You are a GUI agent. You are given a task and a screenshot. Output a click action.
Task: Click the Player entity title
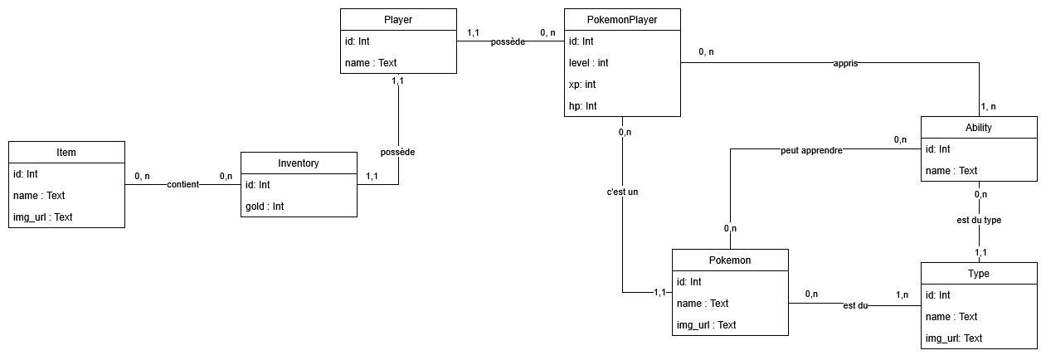tap(398, 19)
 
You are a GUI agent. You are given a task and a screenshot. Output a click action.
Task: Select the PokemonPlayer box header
tap(622, 19)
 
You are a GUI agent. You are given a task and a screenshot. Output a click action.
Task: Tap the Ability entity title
tap(979, 127)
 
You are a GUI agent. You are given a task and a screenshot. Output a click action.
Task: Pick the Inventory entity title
tap(299, 163)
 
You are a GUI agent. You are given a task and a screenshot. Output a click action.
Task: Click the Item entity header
tap(66, 152)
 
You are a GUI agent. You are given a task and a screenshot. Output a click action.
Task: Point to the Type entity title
tap(979, 273)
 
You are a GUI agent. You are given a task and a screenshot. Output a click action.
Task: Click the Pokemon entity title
tap(730, 260)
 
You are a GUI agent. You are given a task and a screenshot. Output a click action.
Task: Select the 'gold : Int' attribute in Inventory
tap(265, 206)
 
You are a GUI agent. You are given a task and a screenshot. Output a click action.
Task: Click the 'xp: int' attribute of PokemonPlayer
tap(582, 85)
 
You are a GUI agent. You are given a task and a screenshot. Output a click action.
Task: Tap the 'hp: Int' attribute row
tap(582, 106)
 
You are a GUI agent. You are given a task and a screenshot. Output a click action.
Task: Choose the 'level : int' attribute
tap(589, 63)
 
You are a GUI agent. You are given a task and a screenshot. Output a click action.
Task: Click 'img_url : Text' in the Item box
tap(43, 217)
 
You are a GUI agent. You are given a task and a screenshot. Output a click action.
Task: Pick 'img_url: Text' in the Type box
tap(954, 338)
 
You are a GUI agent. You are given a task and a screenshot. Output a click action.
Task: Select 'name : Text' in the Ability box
tap(951, 171)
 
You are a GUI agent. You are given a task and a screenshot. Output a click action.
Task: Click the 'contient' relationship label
tap(182, 184)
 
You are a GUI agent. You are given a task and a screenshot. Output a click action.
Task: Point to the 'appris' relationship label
tap(845, 63)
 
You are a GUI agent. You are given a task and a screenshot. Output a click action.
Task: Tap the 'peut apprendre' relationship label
tap(811, 151)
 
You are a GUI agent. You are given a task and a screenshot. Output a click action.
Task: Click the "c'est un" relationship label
tap(622, 192)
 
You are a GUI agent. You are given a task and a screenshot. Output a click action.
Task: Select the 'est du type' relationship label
tap(979, 221)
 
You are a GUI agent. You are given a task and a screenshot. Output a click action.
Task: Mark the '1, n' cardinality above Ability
tap(988, 106)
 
